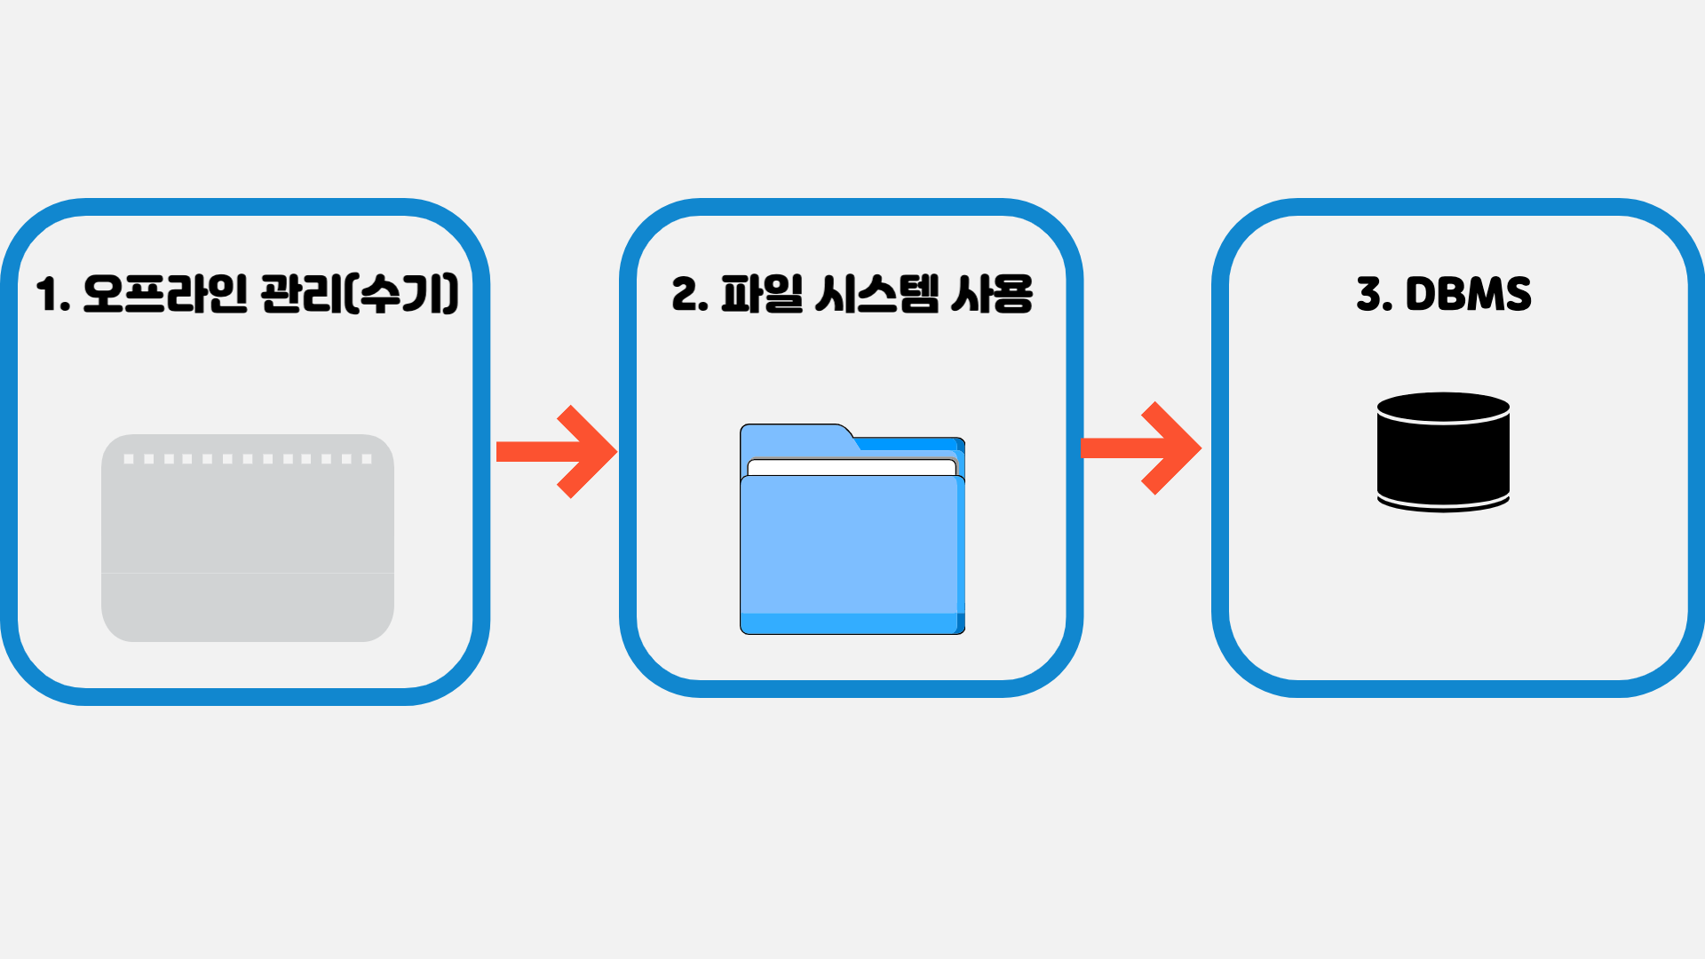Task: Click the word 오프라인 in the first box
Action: [165, 295]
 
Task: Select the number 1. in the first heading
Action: [52, 295]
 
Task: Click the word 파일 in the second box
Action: [762, 295]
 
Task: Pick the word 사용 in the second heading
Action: [992, 295]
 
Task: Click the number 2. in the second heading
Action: [689, 295]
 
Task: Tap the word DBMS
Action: [1468, 295]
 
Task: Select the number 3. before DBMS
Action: [1374, 295]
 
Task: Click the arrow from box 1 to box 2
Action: [557, 451]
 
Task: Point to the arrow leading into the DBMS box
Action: [1141, 448]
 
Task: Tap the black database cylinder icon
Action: [1443, 462]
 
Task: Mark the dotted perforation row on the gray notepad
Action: [247, 459]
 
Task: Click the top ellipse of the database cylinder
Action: [1443, 408]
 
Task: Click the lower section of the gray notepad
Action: [247, 606]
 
